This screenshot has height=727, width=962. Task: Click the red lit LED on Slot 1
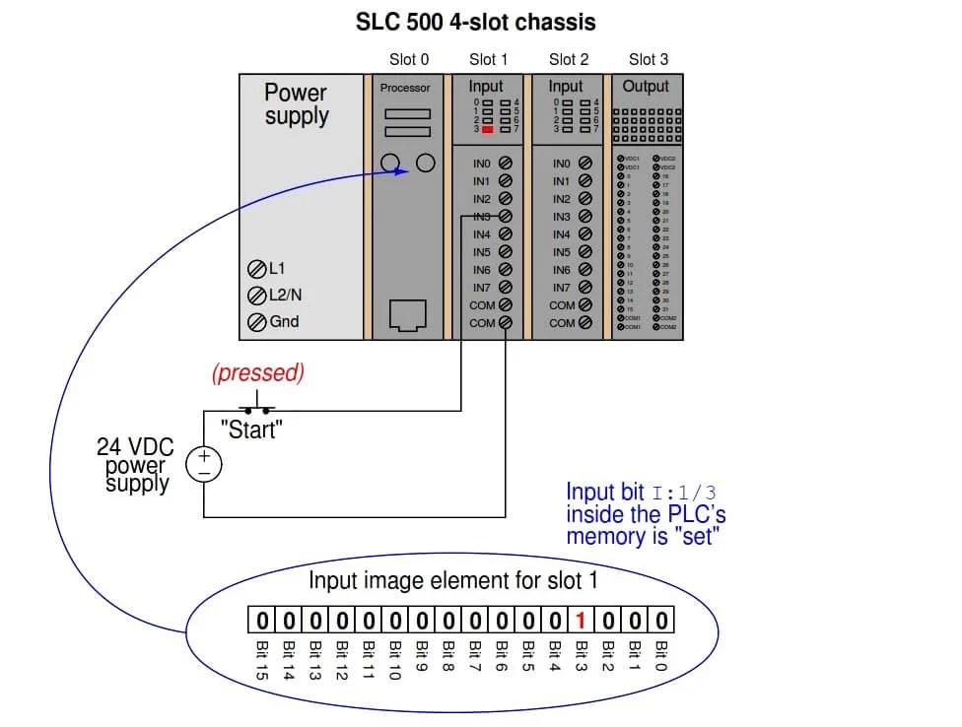click(x=487, y=129)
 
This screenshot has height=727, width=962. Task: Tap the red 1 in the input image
click(x=582, y=621)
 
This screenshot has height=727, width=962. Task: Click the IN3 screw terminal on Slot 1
click(x=506, y=217)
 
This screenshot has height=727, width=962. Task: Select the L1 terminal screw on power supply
click(x=256, y=269)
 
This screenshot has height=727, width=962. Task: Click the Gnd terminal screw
click(x=256, y=322)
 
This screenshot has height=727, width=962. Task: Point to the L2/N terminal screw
click(x=256, y=296)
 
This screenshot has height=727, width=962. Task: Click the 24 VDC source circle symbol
click(x=204, y=464)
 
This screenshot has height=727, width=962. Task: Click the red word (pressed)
click(x=258, y=372)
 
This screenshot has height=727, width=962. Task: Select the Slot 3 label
click(x=649, y=59)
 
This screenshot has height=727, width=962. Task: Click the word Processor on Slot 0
click(x=405, y=88)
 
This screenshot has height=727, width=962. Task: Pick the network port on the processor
click(x=406, y=315)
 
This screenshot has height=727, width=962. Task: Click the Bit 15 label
click(x=262, y=659)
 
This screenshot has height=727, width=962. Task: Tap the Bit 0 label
click(x=662, y=655)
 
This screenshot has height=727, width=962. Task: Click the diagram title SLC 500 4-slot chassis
click(x=475, y=21)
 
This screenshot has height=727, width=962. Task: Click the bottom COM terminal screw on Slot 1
click(x=506, y=323)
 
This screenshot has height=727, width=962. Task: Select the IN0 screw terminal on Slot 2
click(x=585, y=164)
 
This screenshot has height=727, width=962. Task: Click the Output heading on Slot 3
click(x=646, y=87)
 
